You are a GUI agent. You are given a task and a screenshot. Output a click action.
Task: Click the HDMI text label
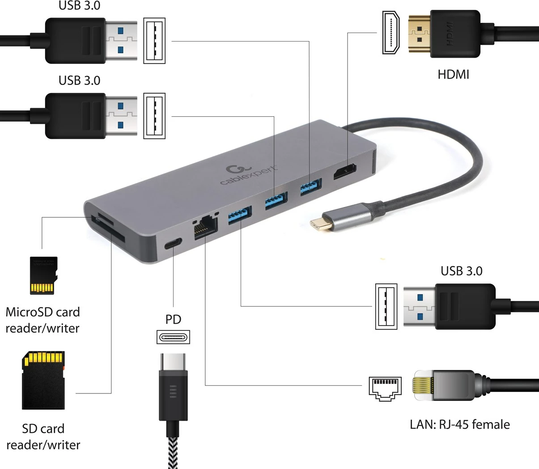[x=453, y=74]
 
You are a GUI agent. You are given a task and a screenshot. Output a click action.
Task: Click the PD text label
[x=173, y=319]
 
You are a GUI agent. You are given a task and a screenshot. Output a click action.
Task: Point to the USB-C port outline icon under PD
[x=173, y=337]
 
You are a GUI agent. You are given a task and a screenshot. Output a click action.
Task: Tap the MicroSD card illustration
[x=43, y=275]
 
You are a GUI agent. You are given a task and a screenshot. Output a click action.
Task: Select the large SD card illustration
[x=43, y=380]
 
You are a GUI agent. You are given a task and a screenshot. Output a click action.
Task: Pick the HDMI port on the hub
[x=344, y=173]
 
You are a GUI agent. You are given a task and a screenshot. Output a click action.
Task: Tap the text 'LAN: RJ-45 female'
[x=459, y=424]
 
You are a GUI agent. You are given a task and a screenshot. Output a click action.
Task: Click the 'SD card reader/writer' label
[x=43, y=437]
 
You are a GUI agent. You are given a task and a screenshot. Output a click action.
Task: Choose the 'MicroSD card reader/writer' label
[x=42, y=320]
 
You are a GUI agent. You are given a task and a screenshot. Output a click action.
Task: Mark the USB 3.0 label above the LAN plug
[x=461, y=271]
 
